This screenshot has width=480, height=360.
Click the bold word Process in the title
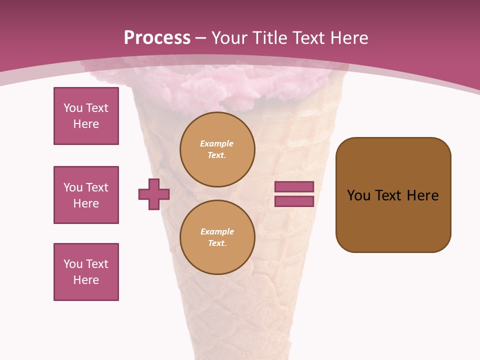[x=157, y=38]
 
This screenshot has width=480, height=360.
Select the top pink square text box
[x=86, y=116]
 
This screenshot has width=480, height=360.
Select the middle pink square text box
[x=86, y=195]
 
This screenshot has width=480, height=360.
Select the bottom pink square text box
[x=86, y=272]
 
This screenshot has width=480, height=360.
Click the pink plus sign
[x=154, y=194]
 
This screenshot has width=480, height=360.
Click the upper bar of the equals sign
[x=294, y=186]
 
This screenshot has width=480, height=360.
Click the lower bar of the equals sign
[x=294, y=201]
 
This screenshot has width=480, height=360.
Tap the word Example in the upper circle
[x=216, y=143]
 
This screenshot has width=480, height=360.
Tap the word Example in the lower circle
[x=217, y=231]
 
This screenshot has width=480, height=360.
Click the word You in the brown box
[x=358, y=195]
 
